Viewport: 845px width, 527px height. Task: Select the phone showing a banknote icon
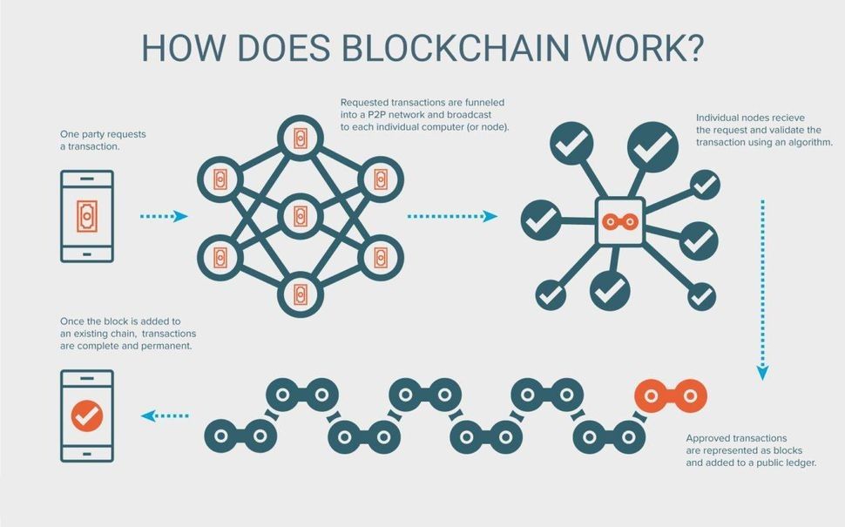click(86, 215)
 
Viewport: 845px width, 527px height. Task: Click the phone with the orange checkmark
click(86, 416)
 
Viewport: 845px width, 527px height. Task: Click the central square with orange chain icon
click(619, 220)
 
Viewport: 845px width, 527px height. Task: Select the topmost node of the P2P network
click(300, 139)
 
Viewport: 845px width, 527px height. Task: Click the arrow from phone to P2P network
click(163, 216)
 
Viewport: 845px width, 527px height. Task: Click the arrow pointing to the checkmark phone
click(165, 416)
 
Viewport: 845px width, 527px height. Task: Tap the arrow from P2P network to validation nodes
click(452, 216)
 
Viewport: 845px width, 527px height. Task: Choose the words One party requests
click(103, 133)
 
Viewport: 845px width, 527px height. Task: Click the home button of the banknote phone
click(86, 253)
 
